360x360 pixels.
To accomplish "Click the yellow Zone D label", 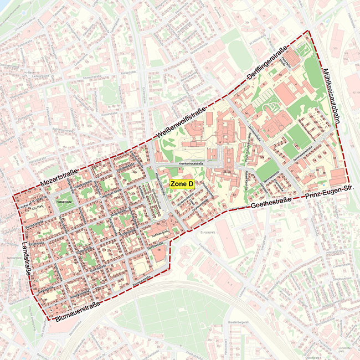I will point(182,184).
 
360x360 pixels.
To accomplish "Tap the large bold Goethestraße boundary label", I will point(272,204).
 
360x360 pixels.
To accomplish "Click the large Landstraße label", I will point(28,264).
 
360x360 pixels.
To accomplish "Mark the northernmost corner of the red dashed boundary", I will point(308,32).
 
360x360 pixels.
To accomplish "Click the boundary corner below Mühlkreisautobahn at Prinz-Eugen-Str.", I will point(348,184).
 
